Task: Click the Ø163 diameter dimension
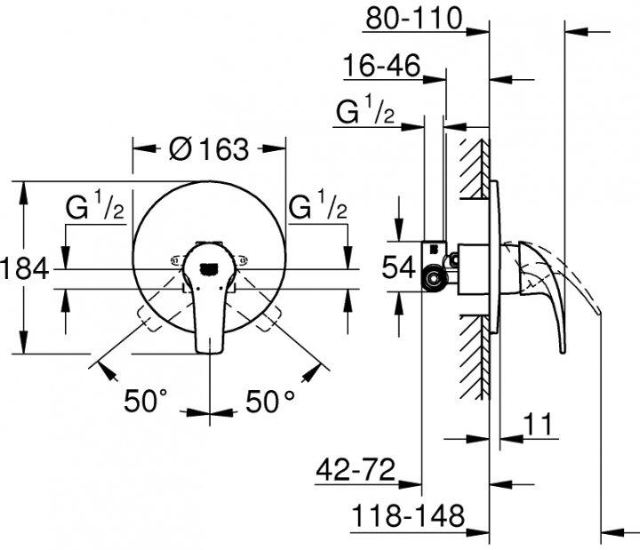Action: [209, 150]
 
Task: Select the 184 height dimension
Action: [24, 267]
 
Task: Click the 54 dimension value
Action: [397, 268]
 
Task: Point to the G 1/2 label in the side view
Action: [365, 113]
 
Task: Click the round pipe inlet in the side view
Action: [435, 282]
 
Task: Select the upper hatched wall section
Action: [475, 169]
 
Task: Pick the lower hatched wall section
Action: [475, 355]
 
